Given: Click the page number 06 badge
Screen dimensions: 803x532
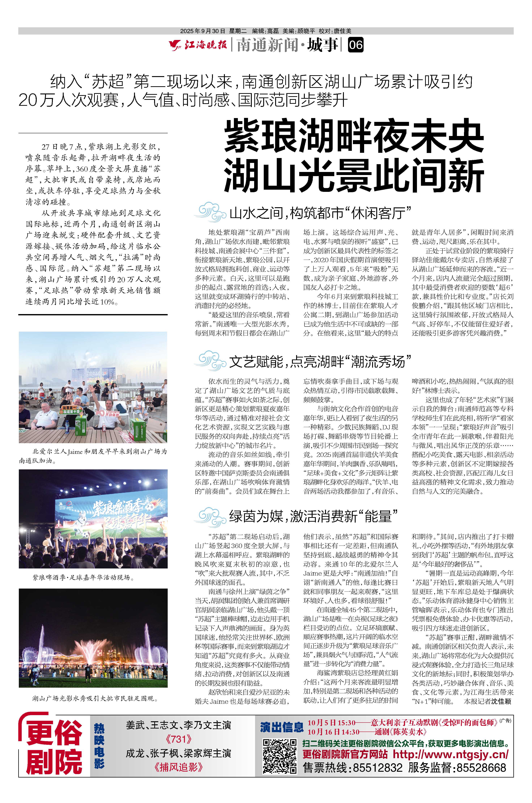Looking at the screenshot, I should (x=355, y=45).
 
